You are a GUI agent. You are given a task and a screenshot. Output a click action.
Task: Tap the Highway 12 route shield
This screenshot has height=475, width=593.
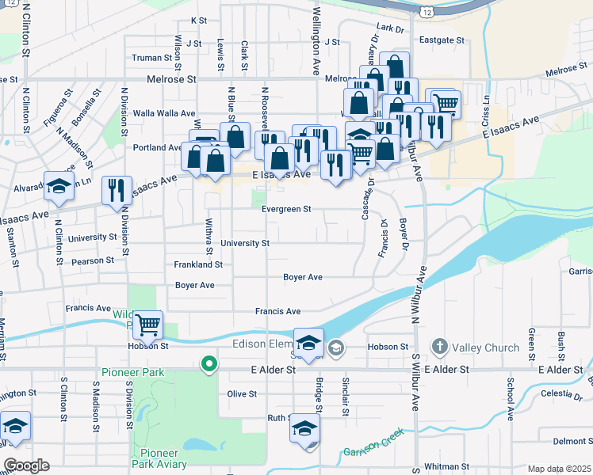coord(427,12)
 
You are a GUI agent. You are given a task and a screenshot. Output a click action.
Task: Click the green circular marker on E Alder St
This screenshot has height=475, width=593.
coord(209,364)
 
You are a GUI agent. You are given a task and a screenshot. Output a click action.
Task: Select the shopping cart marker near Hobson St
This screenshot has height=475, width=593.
coord(147,324)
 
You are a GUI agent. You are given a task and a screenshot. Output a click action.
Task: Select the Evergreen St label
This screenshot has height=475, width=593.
coord(286,210)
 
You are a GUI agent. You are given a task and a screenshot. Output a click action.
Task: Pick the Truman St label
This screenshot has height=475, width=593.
coord(151,58)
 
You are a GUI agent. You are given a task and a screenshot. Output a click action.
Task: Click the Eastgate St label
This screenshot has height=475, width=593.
coord(442,40)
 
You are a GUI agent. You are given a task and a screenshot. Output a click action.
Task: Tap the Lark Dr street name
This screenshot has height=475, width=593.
coord(390,28)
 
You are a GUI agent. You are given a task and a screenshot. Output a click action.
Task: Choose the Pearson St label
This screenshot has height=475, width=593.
coord(93,260)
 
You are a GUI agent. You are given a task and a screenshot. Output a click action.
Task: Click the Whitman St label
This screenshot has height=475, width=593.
coord(446,467)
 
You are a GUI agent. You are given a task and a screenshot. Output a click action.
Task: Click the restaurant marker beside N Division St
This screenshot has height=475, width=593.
coord(117,190)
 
